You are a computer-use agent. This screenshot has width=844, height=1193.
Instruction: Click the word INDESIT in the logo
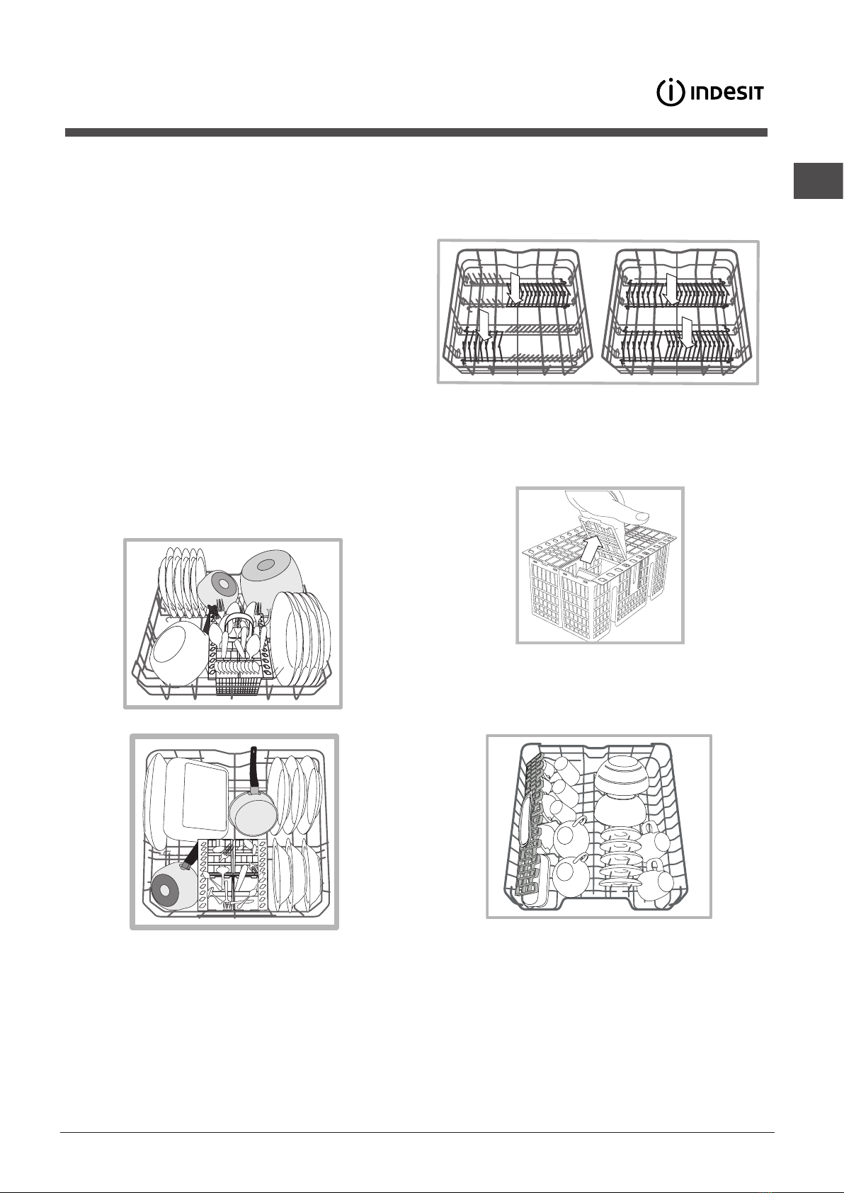tap(727, 93)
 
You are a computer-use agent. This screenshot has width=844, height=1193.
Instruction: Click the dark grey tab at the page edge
tap(818, 181)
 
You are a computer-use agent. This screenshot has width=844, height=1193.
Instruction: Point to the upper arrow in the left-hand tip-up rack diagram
tap(514, 288)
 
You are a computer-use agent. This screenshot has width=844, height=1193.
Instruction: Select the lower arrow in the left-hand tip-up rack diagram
tap(484, 326)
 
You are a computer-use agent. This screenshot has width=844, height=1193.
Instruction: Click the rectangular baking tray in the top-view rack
tap(198, 794)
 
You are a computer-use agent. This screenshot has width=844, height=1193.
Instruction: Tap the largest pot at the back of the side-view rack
tap(270, 579)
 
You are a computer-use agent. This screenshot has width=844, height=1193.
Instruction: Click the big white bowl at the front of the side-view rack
tap(178, 654)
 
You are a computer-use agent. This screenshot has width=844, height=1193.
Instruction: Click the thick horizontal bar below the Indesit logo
tap(416, 132)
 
